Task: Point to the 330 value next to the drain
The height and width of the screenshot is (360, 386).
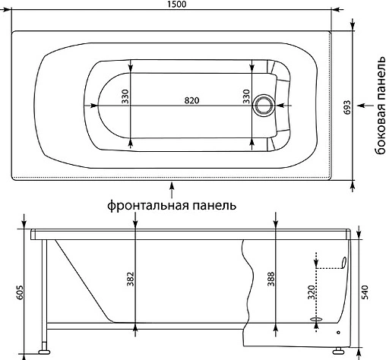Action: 245,96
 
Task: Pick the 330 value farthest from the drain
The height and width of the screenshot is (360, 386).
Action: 126,96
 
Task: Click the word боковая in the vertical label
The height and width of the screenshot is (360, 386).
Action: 378,128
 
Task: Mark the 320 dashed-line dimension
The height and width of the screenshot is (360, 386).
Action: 308,292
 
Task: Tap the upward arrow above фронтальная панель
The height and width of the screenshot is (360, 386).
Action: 172,187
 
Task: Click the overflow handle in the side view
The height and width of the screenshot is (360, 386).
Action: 344,263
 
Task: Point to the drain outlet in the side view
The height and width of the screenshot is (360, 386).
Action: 317,322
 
